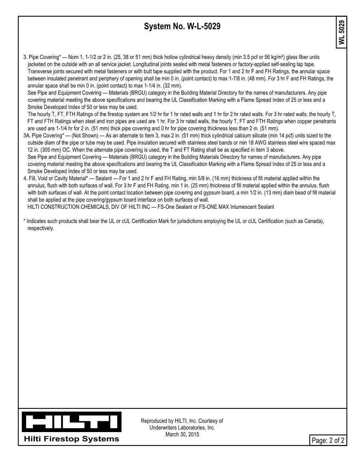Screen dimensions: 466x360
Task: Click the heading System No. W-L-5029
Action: tap(182, 26)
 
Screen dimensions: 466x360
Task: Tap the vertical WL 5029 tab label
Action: tap(341, 33)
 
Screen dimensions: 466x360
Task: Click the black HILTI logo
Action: tap(72, 421)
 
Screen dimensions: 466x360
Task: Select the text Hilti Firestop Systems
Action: tap(72, 439)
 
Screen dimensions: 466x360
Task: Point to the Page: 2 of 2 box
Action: tap(328, 440)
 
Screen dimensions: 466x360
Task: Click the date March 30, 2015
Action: tap(182, 434)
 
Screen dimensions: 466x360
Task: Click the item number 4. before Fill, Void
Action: tap(25, 178)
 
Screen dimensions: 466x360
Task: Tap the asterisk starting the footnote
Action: tap(24, 221)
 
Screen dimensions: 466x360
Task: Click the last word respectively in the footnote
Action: tap(41, 228)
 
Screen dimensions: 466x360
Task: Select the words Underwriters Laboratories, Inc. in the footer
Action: tap(182, 427)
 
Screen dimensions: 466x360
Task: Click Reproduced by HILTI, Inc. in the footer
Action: tap(169, 421)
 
